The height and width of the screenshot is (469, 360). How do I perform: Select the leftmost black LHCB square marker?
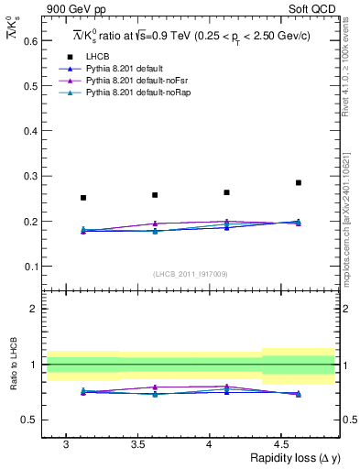[83, 198]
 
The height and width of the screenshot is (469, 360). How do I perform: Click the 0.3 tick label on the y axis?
[31, 176]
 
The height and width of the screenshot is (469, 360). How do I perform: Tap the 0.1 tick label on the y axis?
[31, 267]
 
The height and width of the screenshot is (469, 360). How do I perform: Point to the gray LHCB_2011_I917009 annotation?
[191, 274]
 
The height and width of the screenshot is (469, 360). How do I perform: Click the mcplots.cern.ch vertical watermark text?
[349, 220]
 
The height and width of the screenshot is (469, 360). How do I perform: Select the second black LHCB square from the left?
[155, 195]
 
